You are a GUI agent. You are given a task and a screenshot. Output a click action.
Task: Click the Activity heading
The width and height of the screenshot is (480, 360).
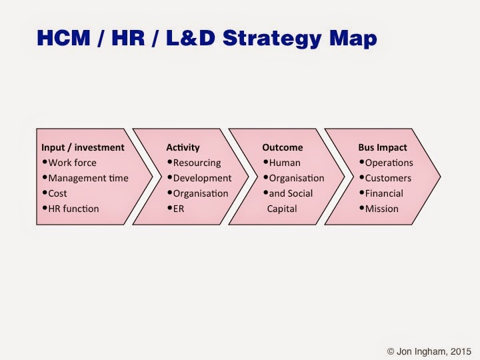[x=183, y=147]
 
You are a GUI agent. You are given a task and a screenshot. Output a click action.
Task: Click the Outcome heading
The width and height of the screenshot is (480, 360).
[x=283, y=147]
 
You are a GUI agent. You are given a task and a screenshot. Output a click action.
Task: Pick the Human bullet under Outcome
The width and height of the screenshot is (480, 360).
[x=285, y=163]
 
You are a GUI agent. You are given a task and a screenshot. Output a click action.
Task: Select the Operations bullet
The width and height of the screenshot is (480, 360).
[x=389, y=163]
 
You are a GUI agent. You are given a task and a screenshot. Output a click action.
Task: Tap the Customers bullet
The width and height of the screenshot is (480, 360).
[x=388, y=178]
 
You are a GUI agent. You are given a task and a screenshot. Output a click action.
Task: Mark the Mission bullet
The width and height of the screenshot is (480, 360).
[x=381, y=209]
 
